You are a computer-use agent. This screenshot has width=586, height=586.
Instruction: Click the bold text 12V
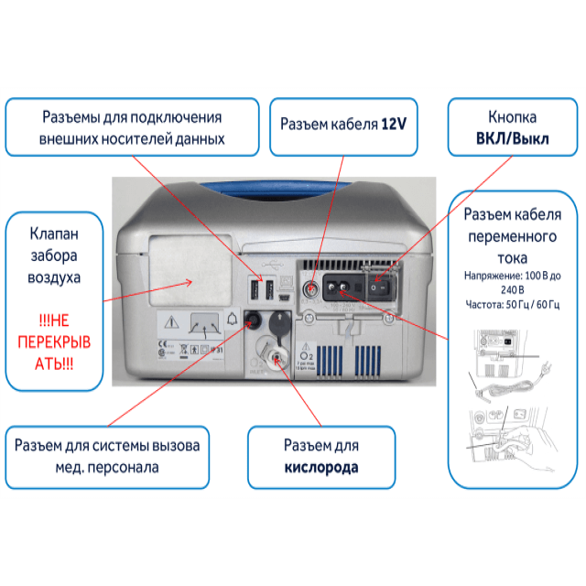(394, 123)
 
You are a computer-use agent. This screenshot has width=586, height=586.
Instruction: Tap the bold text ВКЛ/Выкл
(499, 138)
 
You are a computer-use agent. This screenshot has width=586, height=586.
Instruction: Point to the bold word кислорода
(320, 467)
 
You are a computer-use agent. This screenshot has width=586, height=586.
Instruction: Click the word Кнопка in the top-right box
(500, 118)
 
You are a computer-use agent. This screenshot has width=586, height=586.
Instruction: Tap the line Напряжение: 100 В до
(512, 273)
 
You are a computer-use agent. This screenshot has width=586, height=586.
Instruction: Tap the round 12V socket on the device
(311, 288)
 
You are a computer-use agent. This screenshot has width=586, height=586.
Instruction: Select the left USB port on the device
(255, 291)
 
